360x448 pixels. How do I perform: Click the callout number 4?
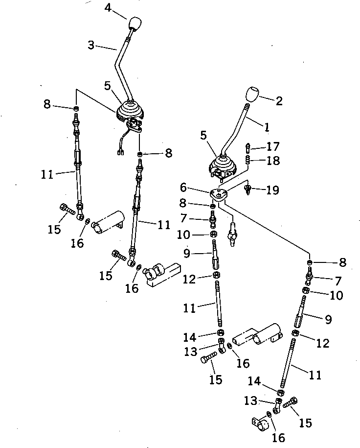pos(108,8)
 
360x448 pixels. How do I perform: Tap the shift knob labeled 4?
pos(135,24)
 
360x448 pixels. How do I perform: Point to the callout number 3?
pos(91,45)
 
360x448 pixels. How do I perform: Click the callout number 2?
pos(279,101)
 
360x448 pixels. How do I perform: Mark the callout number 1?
pos(267,128)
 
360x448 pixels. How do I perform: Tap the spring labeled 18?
pos(248,160)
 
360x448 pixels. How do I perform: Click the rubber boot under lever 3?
pos(130,111)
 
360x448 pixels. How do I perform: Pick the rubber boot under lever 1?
pos(223,166)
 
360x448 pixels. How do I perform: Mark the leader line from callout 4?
pos(120,14)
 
